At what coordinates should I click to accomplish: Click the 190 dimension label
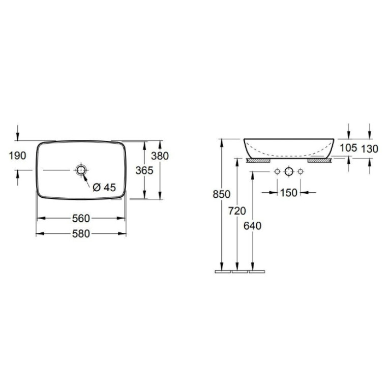coord(17,156)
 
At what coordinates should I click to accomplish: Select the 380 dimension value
coord(160,156)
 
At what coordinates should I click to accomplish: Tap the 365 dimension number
coord(144,170)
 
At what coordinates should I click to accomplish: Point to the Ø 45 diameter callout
coord(104,187)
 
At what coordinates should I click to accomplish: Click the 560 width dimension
coord(81,218)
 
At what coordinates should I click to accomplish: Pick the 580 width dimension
coord(81,234)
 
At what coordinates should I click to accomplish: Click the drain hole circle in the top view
coord(81,170)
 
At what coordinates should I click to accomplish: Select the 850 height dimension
coord(222,194)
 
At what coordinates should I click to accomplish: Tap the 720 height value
coord(237,211)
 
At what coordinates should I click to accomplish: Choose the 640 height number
coord(252,226)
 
